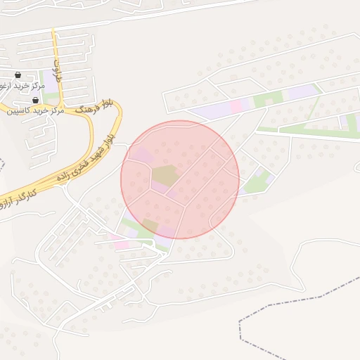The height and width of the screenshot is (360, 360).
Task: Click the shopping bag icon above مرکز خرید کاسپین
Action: [36, 101]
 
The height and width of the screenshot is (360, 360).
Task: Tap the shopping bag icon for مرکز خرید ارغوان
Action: [18, 75]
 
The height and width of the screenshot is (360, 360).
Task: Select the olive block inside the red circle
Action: [166, 175]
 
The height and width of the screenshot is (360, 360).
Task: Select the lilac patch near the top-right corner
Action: [301, 91]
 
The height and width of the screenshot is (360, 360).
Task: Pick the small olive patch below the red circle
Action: [150, 225]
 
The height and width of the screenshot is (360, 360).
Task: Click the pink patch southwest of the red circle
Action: [121, 244]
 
